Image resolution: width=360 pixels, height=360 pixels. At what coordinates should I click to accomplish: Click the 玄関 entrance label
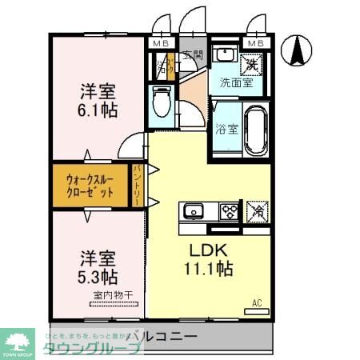193,55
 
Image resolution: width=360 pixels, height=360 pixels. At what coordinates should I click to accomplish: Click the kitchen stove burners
229,212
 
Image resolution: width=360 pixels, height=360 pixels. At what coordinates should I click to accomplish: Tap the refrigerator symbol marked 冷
258,212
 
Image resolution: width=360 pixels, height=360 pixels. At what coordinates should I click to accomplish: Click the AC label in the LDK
257,302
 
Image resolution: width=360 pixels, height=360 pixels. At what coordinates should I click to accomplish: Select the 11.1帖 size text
210,270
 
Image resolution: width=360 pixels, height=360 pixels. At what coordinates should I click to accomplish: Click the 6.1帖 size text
98,110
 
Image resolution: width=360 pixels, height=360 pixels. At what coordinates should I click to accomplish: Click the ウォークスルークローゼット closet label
89,186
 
